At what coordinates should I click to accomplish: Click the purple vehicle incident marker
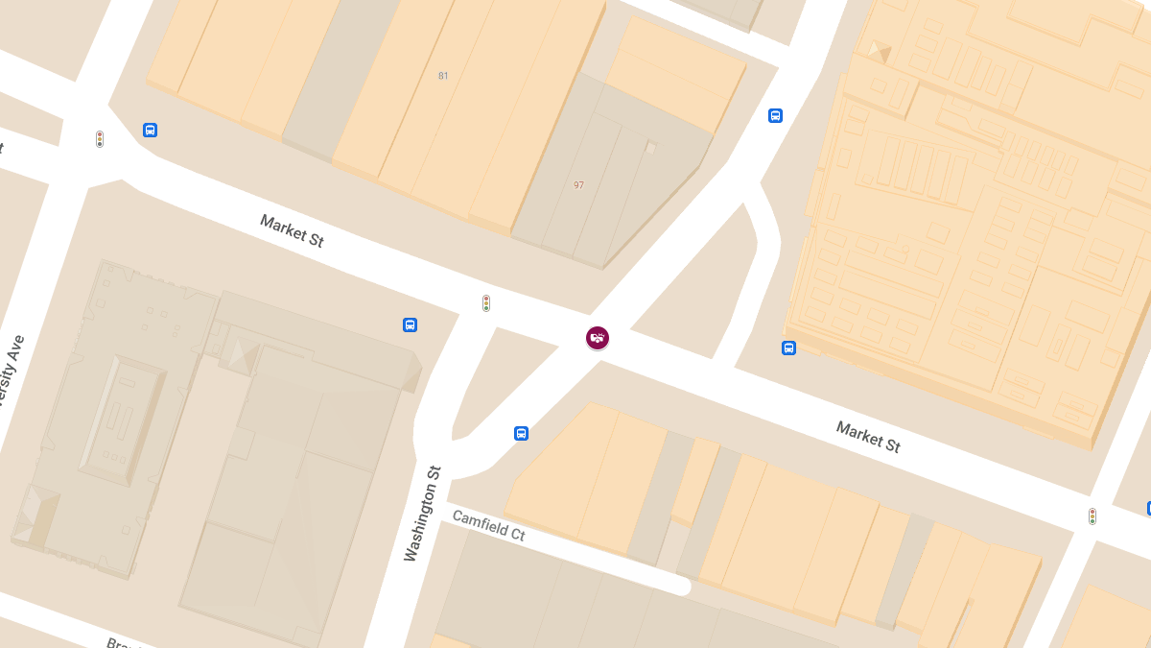click(x=598, y=337)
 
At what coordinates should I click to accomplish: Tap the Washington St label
click(x=423, y=514)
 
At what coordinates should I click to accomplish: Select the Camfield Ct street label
click(x=488, y=526)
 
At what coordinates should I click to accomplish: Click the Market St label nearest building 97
click(x=292, y=230)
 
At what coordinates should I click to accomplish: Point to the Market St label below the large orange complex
click(x=867, y=437)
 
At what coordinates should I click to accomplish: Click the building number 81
click(x=443, y=76)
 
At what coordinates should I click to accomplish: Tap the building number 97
click(x=578, y=185)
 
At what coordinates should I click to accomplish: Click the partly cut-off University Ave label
click(x=12, y=374)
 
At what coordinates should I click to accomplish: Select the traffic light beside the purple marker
click(x=486, y=303)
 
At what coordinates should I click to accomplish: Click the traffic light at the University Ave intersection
click(x=99, y=139)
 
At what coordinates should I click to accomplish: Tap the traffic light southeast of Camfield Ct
click(x=1092, y=516)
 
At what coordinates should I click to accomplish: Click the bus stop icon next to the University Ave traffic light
click(x=150, y=130)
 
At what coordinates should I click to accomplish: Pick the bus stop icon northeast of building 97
click(x=775, y=116)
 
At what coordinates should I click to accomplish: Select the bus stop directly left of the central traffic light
click(x=410, y=324)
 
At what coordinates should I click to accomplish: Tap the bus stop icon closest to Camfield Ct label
click(x=521, y=433)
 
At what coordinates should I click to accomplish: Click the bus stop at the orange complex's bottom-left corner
click(x=788, y=348)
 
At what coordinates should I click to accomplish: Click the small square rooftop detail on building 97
click(x=650, y=148)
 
